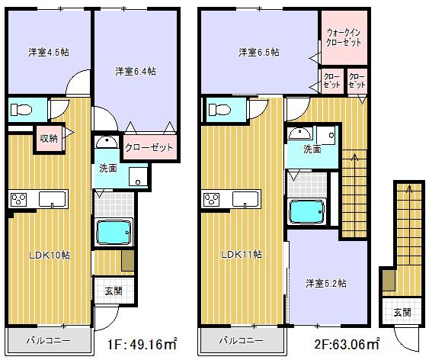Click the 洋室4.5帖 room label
pyautogui.click(x=46, y=53)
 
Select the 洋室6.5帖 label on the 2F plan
pyautogui.click(x=258, y=53)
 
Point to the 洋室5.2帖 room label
pyautogui.click(x=326, y=283)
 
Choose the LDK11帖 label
pyautogui.click(x=242, y=255)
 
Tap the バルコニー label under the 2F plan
pyautogui.click(x=242, y=340)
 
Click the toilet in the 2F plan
pyautogui.click(x=219, y=109)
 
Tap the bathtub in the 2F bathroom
pyautogui.click(x=306, y=211)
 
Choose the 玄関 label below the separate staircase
pyautogui.click(x=402, y=312)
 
